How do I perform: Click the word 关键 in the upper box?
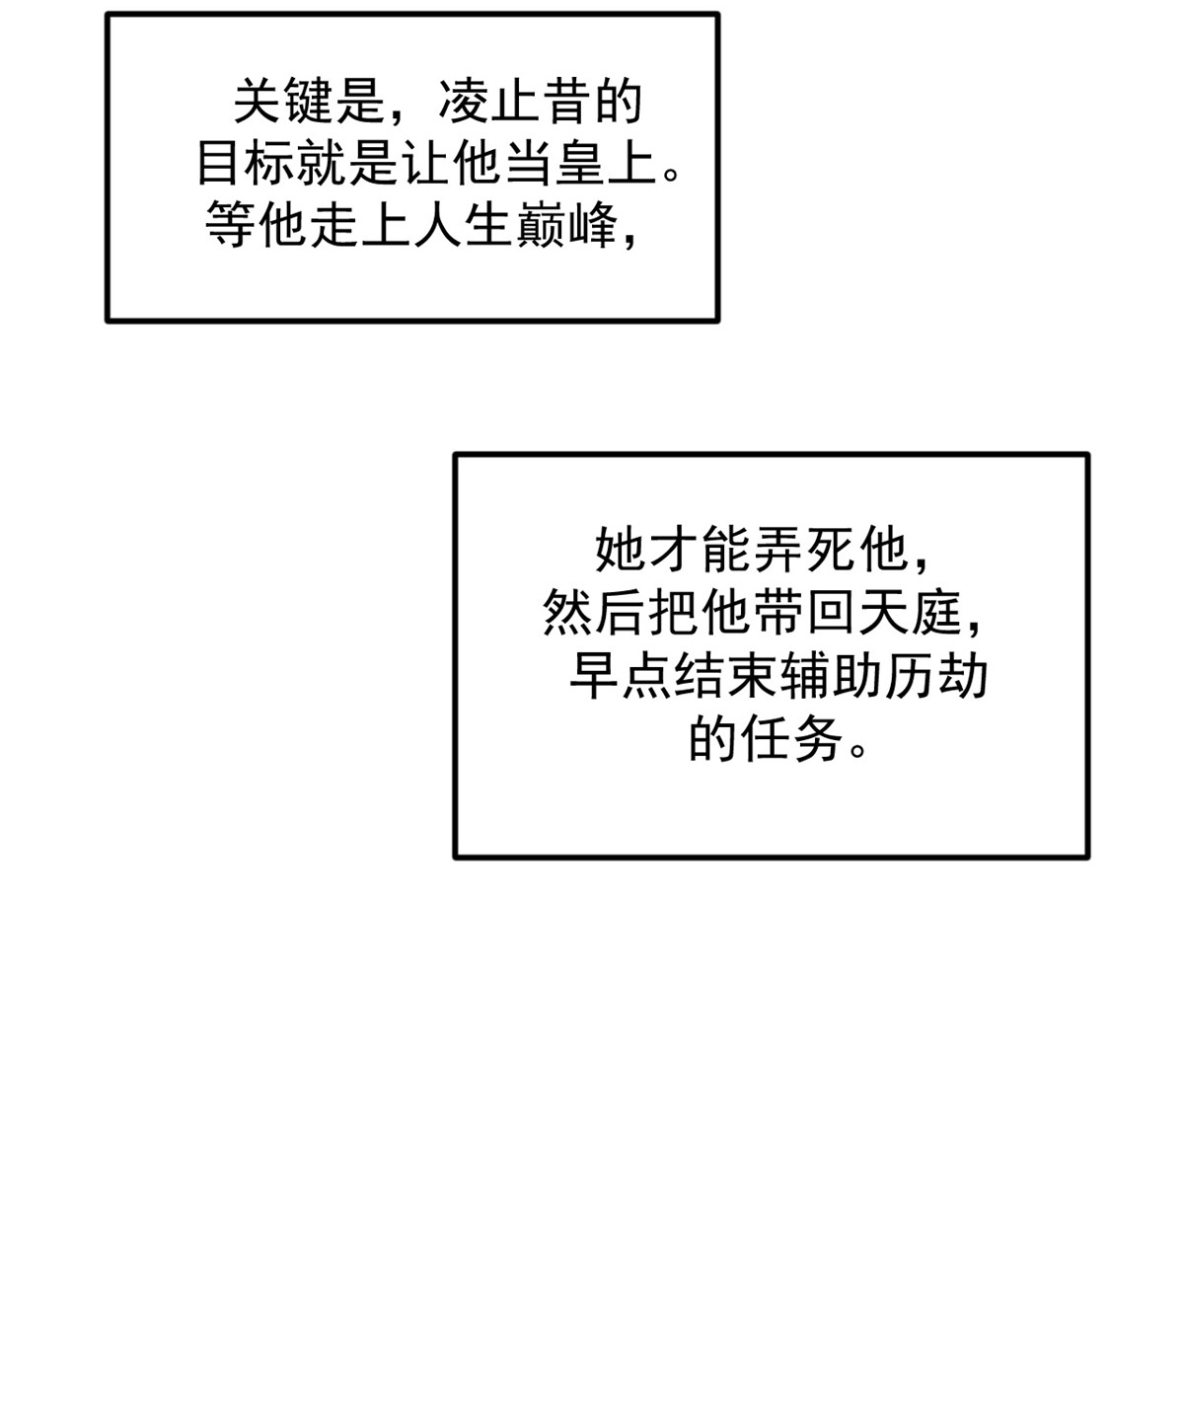pyautogui.click(x=283, y=102)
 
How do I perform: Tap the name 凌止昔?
pyautogui.click(x=514, y=102)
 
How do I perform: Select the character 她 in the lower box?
pyautogui.click(x=620, y=550)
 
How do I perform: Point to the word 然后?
pyautogui.click(x=592, y=612)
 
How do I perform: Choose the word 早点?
pyautogui.click(x=620, y=676)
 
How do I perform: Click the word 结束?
pyautogui.click(x=724, y=676)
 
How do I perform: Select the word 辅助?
pyautogui.click(x=830, y=676)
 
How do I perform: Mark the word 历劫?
pyautogui.click(x=935, y=676)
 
